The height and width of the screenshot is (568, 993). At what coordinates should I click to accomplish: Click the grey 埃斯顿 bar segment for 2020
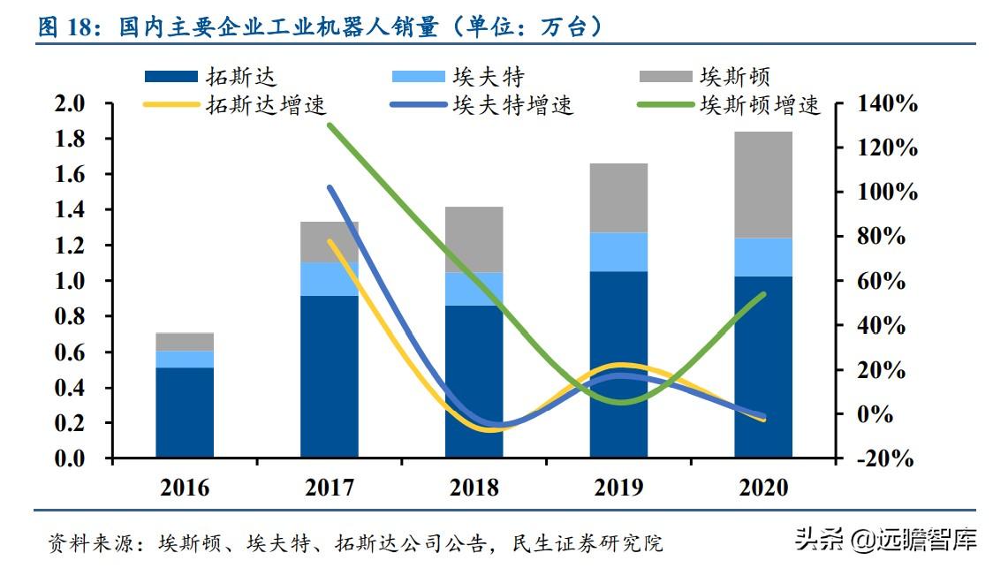[763, 185]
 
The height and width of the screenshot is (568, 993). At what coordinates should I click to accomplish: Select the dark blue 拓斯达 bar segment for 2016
[185, 413]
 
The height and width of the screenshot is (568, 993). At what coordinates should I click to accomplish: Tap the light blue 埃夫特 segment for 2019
[618, 252]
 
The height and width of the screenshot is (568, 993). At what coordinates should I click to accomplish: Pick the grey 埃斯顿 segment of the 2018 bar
[474, 239]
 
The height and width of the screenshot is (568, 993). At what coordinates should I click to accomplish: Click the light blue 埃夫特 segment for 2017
[329, 279]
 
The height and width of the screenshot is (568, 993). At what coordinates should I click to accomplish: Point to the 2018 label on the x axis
[474, 487]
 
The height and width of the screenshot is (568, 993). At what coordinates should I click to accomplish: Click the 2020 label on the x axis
[763, 487]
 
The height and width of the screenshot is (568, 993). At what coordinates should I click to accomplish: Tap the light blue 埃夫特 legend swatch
[418, 77]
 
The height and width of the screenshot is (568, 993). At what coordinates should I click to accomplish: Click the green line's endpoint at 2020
[763, 294]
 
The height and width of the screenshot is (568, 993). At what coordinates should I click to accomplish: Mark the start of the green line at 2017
[329, 125]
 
